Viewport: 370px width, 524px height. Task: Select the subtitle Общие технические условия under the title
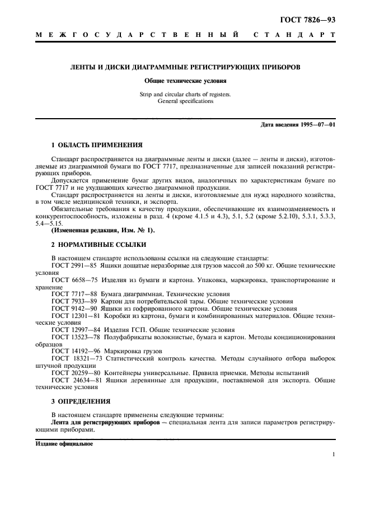pos(185,81)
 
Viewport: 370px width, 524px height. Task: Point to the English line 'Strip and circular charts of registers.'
pos(185,95)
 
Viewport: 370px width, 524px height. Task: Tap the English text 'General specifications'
pos(185,101)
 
